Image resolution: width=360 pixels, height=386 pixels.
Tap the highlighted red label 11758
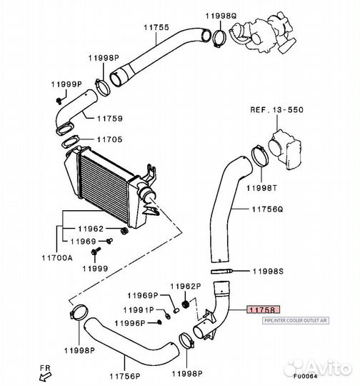pyautogui.click(x=261, y=310)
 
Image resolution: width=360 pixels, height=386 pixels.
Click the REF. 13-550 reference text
pyautogui.click(x=276, y=111)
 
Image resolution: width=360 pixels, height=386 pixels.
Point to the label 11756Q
pyautogui.click(x=267, y=210)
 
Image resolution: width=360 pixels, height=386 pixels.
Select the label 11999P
pyautogui.click(x=67, y=84)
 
